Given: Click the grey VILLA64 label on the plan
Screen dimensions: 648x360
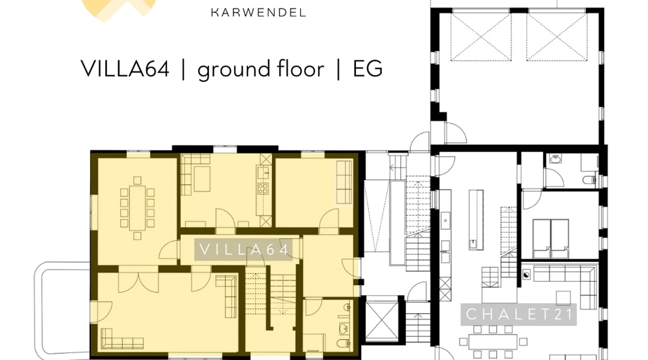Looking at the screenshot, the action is [243, 249].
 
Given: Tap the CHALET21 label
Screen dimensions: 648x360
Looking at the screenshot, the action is [519, 314].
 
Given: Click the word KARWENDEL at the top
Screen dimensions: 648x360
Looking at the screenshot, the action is [258, 13].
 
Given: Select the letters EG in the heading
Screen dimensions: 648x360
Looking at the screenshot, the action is [368, 68].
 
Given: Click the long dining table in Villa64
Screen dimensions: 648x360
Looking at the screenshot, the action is [137, 208].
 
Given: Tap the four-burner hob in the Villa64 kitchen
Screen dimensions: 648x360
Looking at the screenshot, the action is [263, 188].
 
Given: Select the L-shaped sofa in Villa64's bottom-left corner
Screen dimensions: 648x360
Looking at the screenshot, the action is [122, 338].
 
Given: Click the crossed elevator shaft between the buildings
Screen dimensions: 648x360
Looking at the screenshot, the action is [382, 320].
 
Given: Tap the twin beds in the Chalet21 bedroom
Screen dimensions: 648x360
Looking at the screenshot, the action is [551, 238].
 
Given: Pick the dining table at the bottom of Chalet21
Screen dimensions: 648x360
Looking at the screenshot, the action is [492, 342].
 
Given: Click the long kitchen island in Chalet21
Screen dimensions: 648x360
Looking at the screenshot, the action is [476, 219].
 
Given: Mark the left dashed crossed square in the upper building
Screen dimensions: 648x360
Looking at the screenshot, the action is [481, 37].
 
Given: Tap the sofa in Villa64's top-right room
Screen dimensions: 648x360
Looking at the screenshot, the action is [344, 182].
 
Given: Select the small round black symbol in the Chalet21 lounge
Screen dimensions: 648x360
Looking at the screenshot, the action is [526, 275].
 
